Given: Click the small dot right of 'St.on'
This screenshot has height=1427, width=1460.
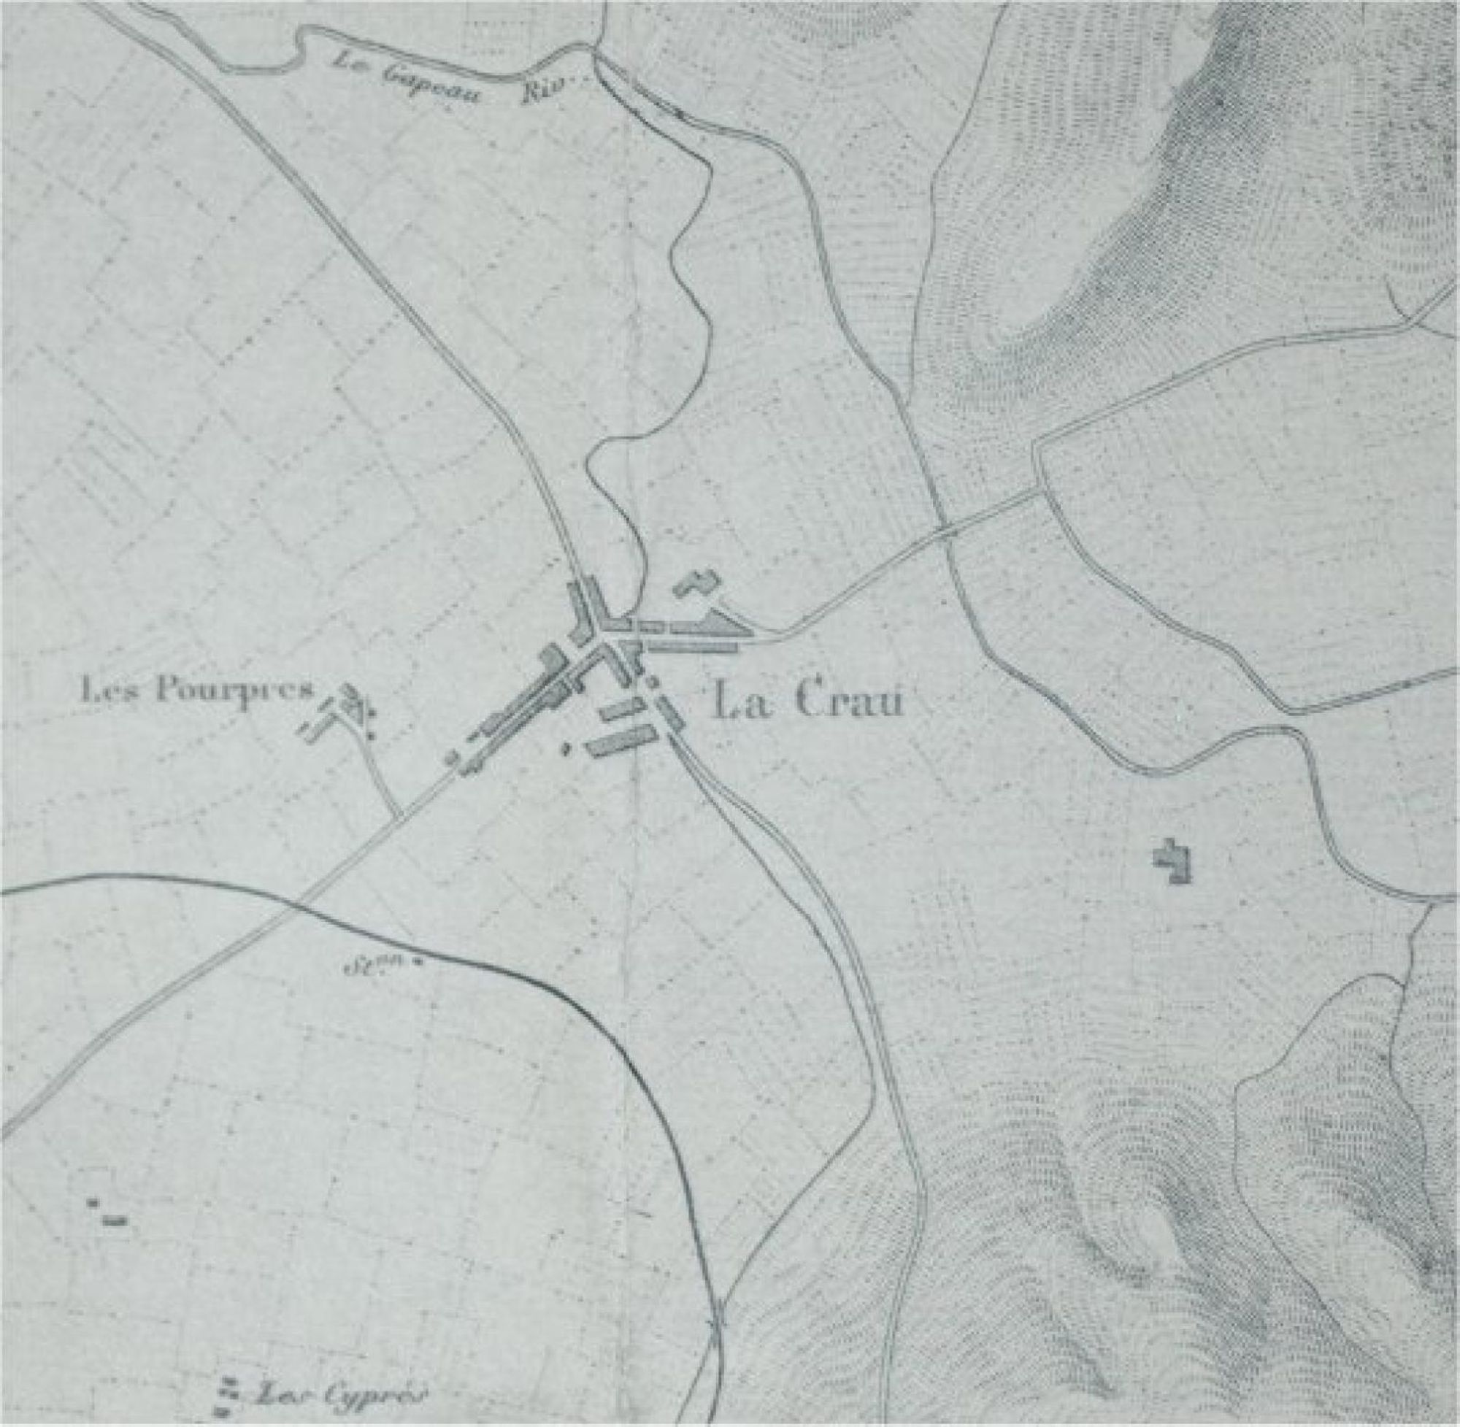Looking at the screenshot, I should point(418,963).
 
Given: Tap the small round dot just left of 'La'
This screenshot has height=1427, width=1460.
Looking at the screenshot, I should point(651,682).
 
